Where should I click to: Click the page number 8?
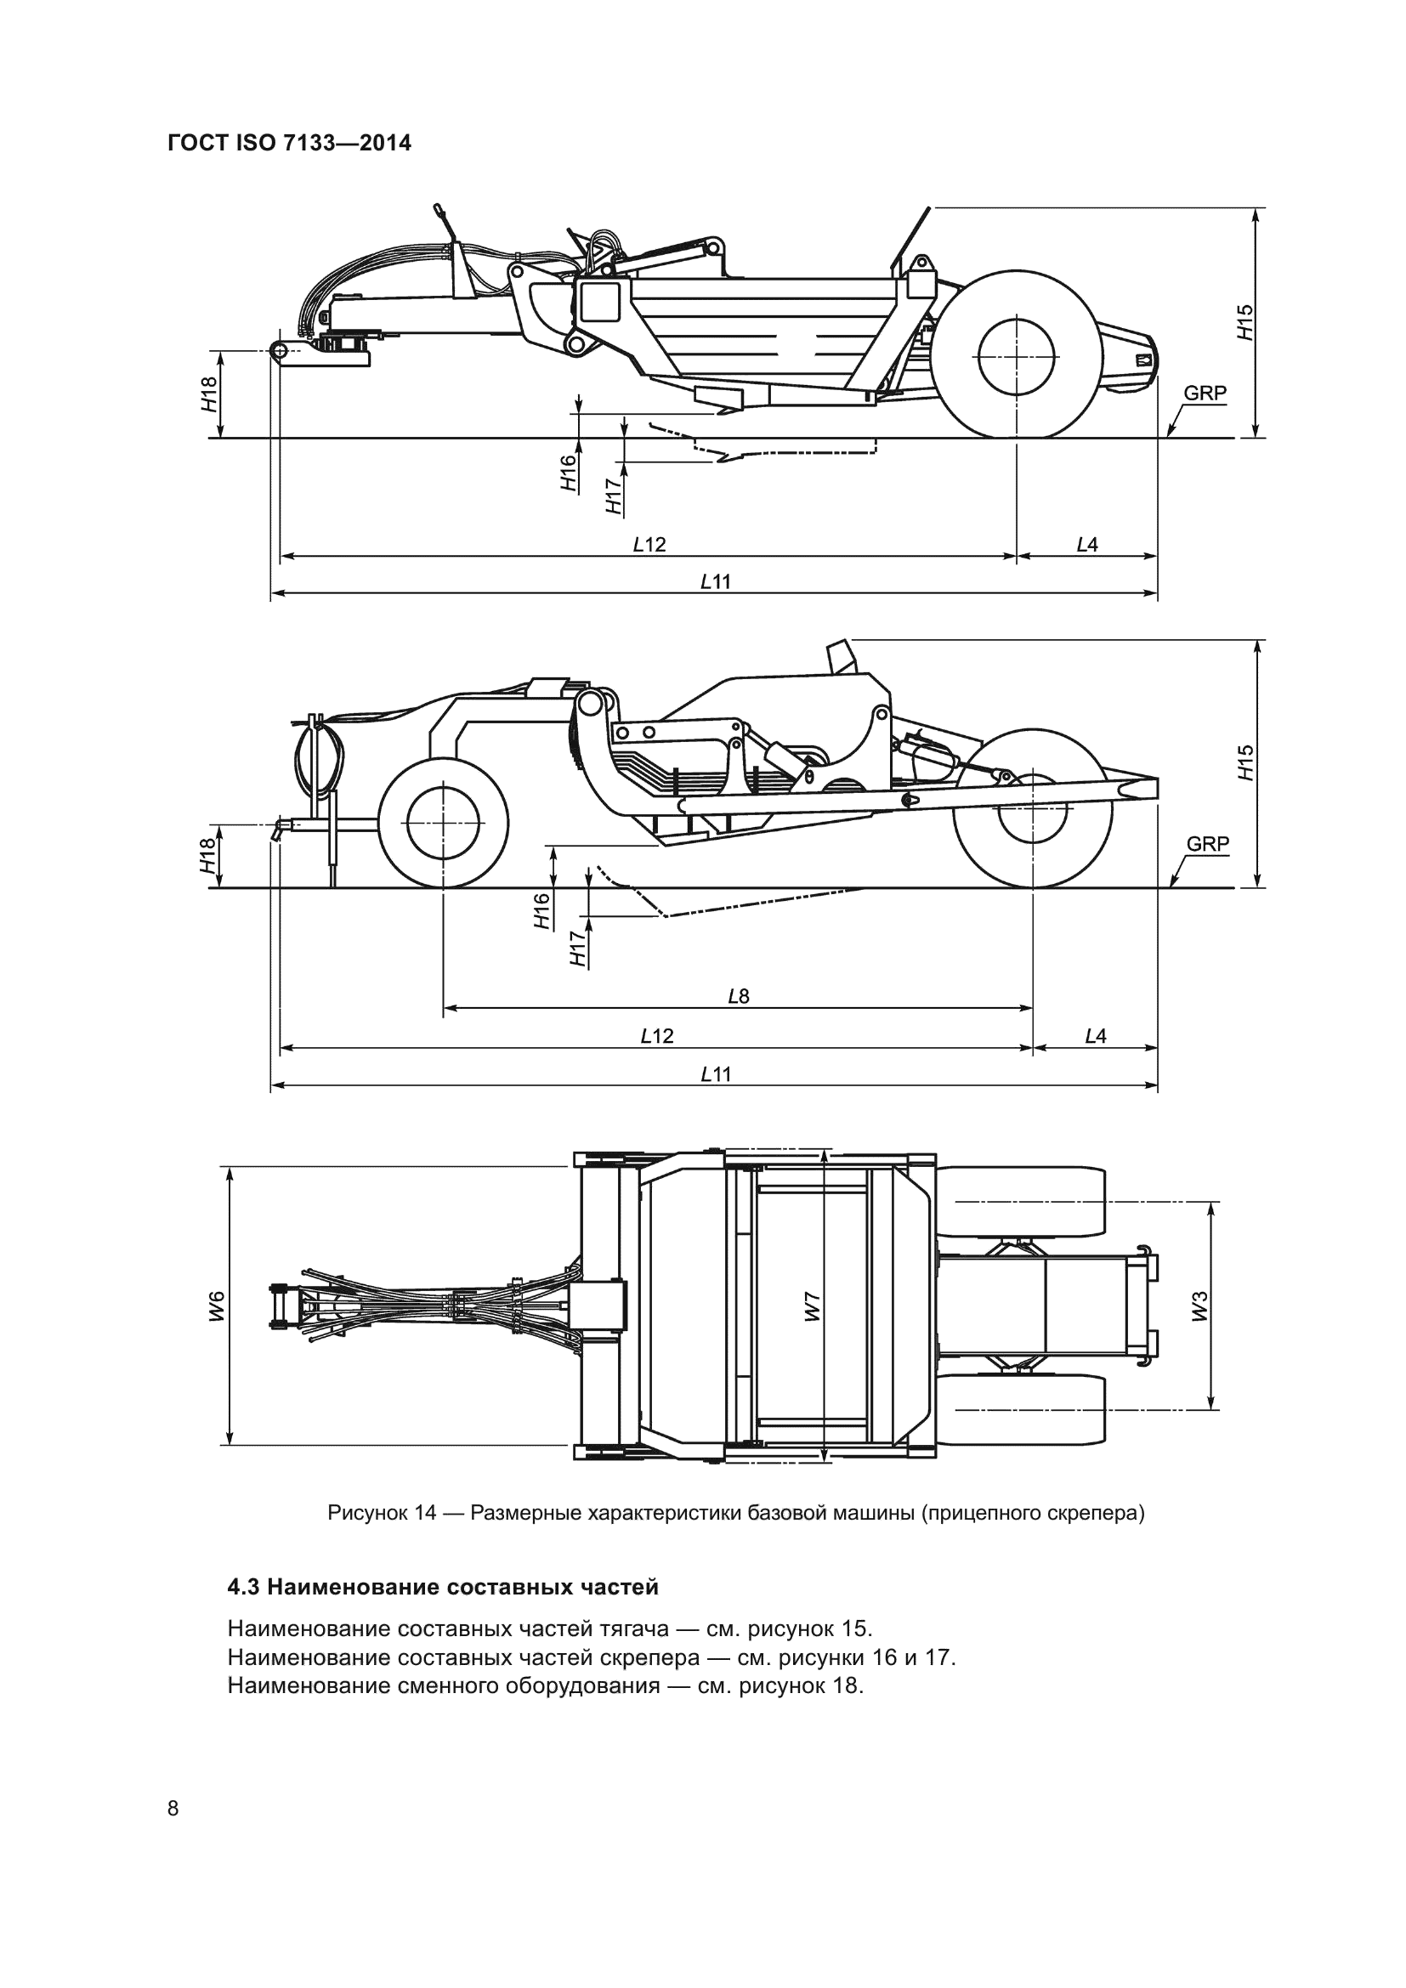[173, 1808]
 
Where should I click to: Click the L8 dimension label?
[738, 997]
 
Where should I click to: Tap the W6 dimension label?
[218, 1306]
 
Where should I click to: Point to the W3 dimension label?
[1199, 1306]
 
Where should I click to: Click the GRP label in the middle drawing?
[1207, 843]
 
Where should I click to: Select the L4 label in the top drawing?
[1086, 545]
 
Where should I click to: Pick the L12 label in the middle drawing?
[656, 1035]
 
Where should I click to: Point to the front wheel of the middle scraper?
[443, 824]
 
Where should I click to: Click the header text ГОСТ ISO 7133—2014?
[289, 143]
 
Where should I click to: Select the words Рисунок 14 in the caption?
[382, 1514]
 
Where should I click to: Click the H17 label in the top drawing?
[614, 496]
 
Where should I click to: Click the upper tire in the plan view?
[1022, 1201]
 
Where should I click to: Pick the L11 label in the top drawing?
[715, 582]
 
